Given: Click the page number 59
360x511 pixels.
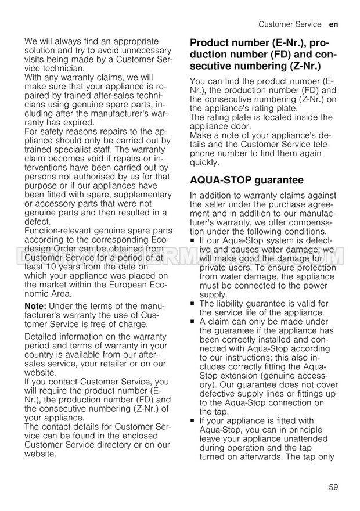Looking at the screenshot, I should (x=333, y=487).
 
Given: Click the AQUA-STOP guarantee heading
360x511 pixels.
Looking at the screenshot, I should (x=247, y=180).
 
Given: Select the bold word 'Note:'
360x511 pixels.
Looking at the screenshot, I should (x=36, y=306).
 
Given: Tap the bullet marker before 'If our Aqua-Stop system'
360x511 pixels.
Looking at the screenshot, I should (x=193, y=240).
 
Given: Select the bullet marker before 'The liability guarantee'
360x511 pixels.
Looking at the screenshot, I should (x=193, y=303).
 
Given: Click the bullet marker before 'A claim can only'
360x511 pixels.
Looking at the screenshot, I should (x=193, y=321).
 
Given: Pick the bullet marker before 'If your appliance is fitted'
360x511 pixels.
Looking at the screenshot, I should (x=193, y=420).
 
